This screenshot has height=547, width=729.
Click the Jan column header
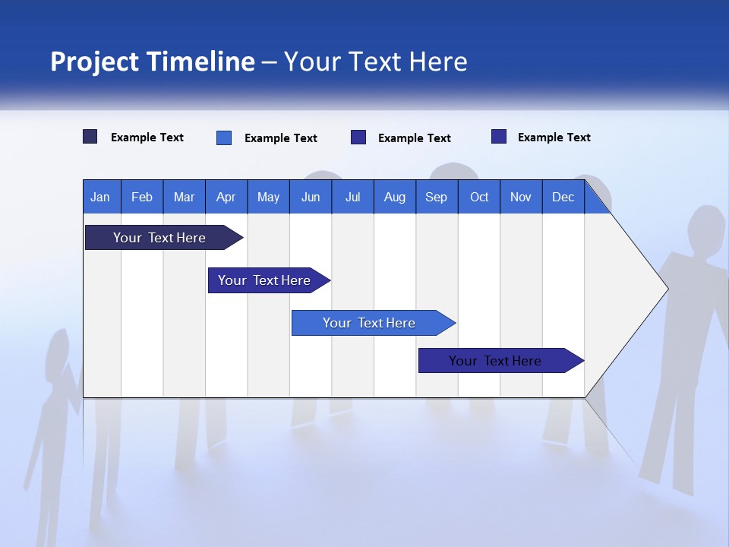(100, 197)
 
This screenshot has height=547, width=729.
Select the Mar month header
(184, 197)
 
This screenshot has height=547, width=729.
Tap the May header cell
(268, 197)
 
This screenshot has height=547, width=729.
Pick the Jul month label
(352, 197)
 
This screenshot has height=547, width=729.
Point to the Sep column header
(436, 197)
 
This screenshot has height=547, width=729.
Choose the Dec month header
(563, 197)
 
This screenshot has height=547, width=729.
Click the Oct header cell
(479, 197)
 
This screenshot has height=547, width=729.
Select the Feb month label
(142, 197)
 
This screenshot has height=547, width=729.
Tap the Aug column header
(394, 197)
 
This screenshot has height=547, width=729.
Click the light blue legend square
(224, 138)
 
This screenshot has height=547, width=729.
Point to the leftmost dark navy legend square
(90, 137)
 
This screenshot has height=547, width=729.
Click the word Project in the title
(93, 62)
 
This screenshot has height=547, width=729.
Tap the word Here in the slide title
(438, 62)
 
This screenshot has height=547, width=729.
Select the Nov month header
(521, 197)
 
